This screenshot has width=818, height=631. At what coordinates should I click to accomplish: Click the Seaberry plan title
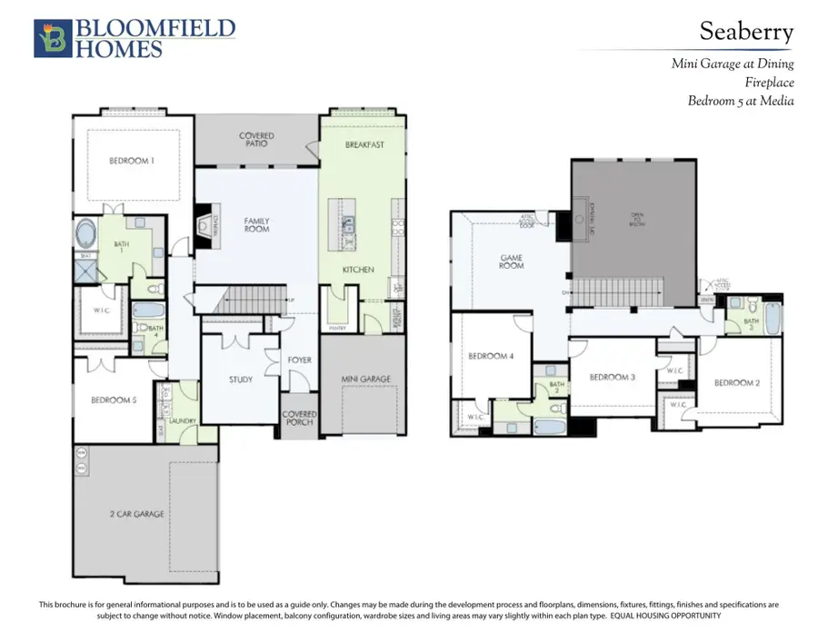[x=745, y=32]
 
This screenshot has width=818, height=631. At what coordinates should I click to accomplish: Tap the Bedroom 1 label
[x=132, y=161]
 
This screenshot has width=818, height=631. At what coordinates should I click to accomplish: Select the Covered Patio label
[x=256, y=140]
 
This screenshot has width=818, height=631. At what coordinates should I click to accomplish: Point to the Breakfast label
[x=365, y=144]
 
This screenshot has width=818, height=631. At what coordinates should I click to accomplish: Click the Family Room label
[x=256, y=224]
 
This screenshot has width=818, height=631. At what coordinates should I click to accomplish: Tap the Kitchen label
[x=358, y=270]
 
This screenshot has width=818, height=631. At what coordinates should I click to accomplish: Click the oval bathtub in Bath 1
[x=89, y=233]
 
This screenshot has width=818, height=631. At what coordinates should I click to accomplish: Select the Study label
[x=241, y=380]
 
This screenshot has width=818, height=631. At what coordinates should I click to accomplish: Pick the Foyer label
[x=299, y=360]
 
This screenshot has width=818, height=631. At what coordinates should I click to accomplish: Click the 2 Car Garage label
[x=138, y=514]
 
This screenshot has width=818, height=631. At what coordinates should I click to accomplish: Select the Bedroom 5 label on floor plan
[x=114, y=399]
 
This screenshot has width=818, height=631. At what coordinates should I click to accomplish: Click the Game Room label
[x=513, y=261]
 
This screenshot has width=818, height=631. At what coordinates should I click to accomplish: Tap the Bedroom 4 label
[x=492, y=356]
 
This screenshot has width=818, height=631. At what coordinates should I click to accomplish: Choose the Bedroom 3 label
[x=612, y=377]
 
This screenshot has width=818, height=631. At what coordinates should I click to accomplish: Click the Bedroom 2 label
[x=736, y=382]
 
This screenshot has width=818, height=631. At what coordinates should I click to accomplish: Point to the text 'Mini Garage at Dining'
[x=732, y=64]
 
